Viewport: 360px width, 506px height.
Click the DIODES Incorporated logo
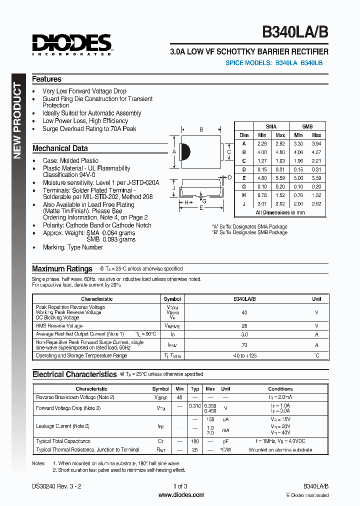[x=72, y=44]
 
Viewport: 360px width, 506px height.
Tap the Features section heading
[x=46, y=79]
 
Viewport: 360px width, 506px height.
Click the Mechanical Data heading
[x=60, y=148]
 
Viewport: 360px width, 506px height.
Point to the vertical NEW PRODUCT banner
[x=17, y=120]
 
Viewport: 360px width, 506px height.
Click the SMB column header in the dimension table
[x=307, y=126]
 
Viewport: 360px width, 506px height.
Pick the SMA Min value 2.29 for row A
[x=262, y=143]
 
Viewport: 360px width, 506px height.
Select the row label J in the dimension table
[x=244, y=203]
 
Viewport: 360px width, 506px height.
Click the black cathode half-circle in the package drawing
[x=183, y=152]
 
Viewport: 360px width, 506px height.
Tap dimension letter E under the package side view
[x=201, y=208]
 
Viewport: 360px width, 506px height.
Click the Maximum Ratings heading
[x=62, y=269]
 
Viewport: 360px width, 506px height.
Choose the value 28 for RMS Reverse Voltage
[x=244, y=326]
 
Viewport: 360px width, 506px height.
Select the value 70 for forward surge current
[x=244, y=345]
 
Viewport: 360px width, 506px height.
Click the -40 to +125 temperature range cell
[x=244, y=356]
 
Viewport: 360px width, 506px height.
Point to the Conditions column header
[x=280, y=388]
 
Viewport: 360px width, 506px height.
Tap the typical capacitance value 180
[x=195, y=441]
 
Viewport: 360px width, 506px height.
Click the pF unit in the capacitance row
[x=225, y=441]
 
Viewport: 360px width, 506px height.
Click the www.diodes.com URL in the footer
[x=181, y=495]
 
